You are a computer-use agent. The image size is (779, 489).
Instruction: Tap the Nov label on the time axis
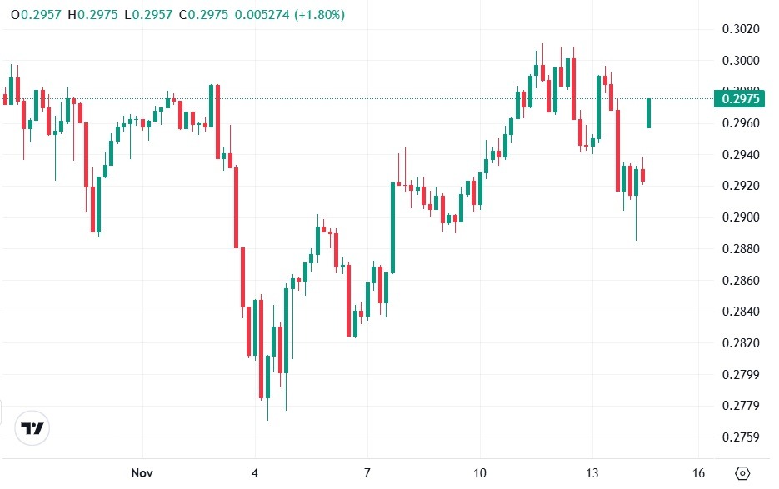[142, 473]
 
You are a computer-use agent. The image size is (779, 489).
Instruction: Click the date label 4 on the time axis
[256, 473]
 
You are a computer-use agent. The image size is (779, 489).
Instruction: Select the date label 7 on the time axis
[367, 473]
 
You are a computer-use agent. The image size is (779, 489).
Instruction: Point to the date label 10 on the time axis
[479, 473]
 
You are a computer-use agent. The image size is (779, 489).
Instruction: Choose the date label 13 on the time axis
[592, 473]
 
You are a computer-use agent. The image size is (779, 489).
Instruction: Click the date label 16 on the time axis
[698, 473]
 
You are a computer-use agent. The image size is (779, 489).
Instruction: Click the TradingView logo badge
[33, 429]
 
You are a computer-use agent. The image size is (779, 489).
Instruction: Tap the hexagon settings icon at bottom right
[742, 473]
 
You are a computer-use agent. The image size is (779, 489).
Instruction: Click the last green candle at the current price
[648, 113]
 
